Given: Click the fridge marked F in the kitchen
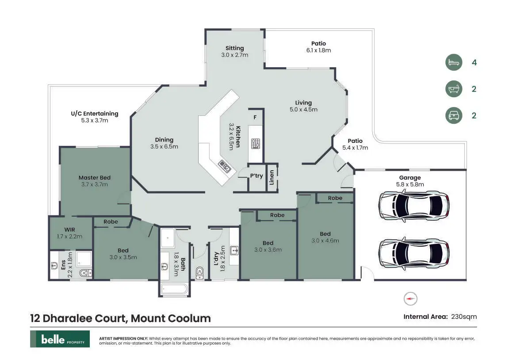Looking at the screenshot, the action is [255, 117].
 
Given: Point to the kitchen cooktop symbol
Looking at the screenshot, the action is [256, 143].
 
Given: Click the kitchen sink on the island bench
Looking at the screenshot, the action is [225, 166].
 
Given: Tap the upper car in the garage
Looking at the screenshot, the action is [414, 206].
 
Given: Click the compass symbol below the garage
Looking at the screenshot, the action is [410, 299].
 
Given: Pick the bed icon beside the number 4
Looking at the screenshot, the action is [453, 62].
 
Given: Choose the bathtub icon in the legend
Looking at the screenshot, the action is [453, 88].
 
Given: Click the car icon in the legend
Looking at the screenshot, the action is [453, 115].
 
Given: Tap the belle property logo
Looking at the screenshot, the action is [60, 339].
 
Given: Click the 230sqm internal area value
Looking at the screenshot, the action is [464, 317].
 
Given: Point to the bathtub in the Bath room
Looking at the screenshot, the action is [174, 289].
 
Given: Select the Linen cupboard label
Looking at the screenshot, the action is [272, 177].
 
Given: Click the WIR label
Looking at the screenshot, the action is [70, 230].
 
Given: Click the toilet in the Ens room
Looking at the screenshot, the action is [85, 273].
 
